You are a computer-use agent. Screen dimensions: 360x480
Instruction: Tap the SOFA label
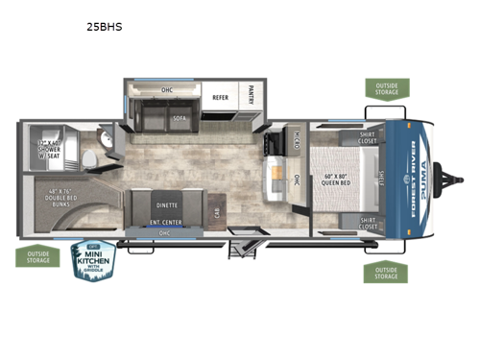179,118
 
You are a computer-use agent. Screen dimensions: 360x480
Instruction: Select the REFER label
220,97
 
